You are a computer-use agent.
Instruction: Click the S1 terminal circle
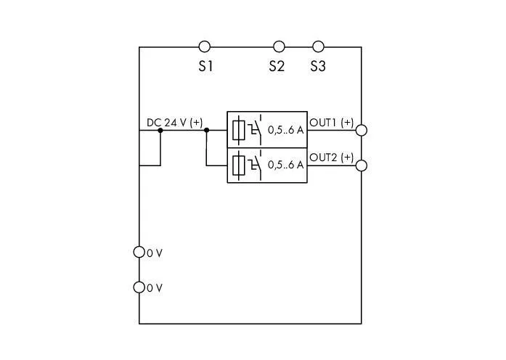pos(205,47)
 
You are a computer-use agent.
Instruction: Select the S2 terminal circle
pos(279,47)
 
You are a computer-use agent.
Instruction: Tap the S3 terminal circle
pos(317,47)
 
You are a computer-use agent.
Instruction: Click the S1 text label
pos(206,66)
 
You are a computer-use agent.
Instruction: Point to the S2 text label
pos(277,66)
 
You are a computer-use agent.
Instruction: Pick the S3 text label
pos(318,66)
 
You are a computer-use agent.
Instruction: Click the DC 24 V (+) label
pos(174,123)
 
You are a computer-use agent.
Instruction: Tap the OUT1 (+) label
pos(332,123)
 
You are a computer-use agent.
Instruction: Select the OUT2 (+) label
pos(332,157)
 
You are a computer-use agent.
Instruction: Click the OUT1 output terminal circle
pos(361,131)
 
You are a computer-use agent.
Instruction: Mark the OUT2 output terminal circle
pos(361,165)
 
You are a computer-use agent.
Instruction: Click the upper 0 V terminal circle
pos(139,253)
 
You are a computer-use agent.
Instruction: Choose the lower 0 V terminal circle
pos(139,287)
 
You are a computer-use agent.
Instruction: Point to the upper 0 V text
pos(155,253)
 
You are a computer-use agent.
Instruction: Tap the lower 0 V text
pos(155,288)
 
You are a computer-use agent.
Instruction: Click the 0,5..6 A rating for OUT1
pos(285,131)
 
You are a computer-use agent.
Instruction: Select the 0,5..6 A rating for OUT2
pos(285,165)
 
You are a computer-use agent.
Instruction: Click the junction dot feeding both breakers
pos(206,131)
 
